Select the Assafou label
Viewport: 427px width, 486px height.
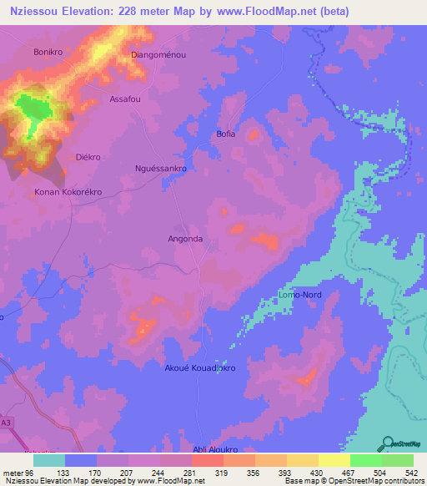(127, 99)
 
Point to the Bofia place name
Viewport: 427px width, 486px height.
(226, 134)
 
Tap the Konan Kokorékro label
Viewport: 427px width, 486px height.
(68, 191)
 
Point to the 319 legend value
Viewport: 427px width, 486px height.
(220, 472)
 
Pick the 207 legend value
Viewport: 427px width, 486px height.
(126, 472)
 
